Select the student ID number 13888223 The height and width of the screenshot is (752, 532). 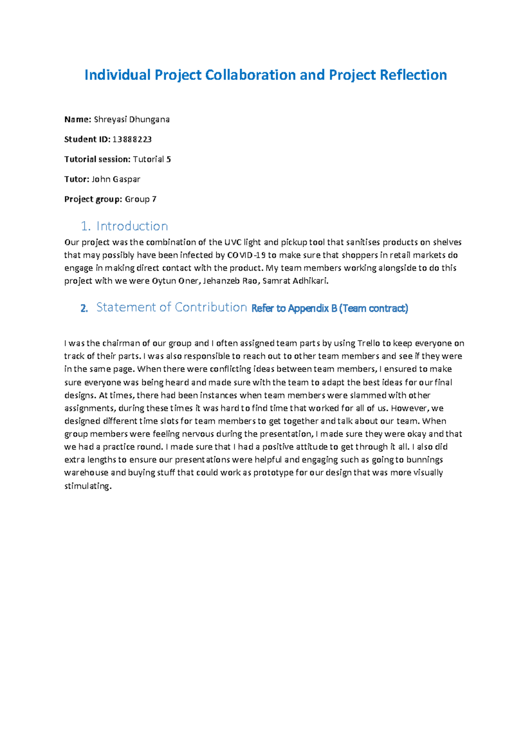[132, 139]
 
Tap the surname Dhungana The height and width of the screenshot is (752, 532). [149, 119]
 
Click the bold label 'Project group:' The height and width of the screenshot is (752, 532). [93, 199]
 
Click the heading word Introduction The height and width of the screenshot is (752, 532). [132, 226]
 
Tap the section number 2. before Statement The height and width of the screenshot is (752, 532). [84, 308]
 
